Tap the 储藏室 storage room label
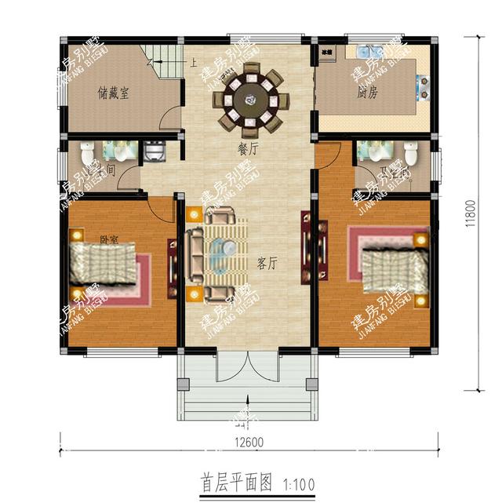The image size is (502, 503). [x=114, y=93]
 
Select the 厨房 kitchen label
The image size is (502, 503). [x=368, y=93]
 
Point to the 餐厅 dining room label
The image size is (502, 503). [x=249, y=147]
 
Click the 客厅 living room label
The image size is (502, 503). [x=267, y=263]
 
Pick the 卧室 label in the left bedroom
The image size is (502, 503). [x=109, y=239]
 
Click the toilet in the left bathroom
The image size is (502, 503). [x=88, y=151]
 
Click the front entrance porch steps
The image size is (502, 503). [x=247, y=408]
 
